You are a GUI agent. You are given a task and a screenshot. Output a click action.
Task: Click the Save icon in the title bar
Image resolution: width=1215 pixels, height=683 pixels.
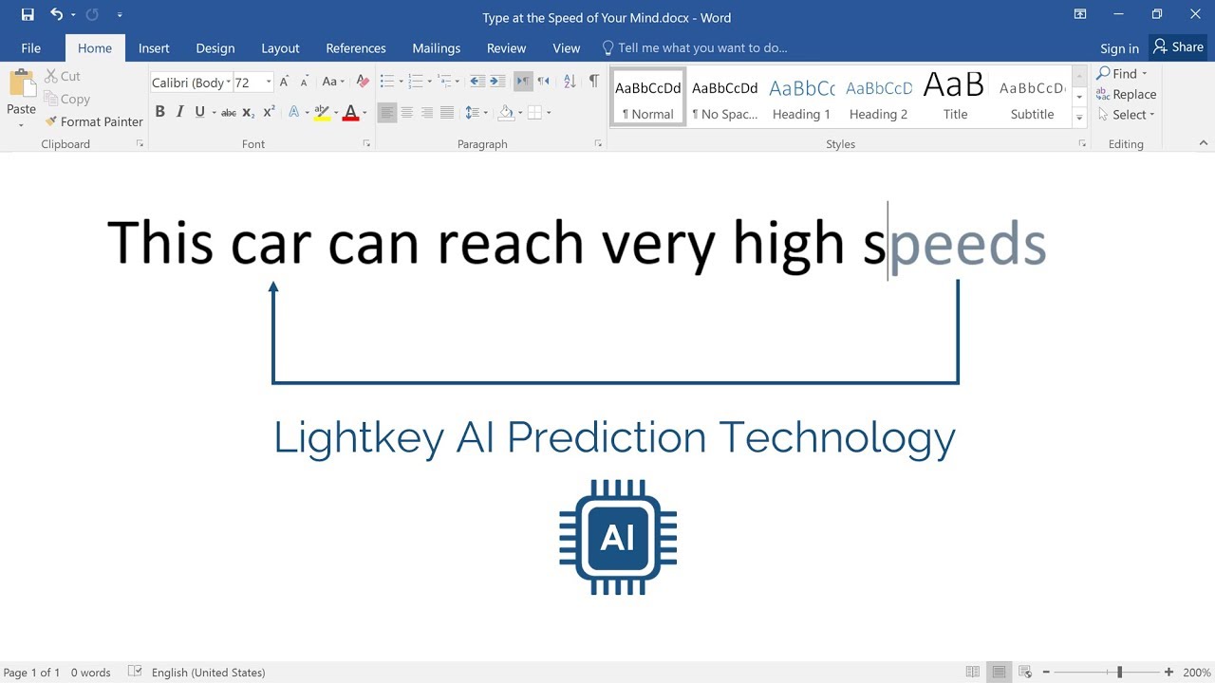(x=28, y=14)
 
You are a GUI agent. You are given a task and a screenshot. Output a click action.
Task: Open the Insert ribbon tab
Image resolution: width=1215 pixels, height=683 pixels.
(x=154, y=48)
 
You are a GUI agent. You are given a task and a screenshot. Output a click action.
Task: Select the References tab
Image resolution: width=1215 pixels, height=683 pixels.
(x=356, y=48)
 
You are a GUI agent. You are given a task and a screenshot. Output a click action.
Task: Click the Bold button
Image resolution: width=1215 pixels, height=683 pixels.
(x=159, y=112)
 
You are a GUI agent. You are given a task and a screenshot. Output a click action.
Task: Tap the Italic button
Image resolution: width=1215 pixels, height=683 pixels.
(x=179, y=112)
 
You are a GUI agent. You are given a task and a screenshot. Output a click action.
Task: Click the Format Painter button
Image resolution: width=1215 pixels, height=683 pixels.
(x=94, y=121)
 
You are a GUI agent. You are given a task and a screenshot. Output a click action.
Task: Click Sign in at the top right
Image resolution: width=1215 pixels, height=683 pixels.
(x=1119, y=48)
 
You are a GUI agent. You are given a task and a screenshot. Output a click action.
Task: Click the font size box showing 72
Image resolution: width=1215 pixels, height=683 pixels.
(x=248, y=83)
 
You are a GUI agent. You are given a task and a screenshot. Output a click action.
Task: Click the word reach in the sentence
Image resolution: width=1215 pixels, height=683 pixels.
(x=510, y=244)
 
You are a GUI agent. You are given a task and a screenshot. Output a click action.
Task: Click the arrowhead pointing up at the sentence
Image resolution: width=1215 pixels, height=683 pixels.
(x=273, y=287)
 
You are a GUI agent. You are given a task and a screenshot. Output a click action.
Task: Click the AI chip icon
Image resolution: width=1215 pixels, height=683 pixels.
(x=618, y=538)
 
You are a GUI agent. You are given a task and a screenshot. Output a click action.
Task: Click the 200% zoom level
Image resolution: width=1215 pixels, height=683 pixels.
(x=1195, y=673)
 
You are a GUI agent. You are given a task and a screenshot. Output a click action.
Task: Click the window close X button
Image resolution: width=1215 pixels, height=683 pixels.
(x=1195, y=14)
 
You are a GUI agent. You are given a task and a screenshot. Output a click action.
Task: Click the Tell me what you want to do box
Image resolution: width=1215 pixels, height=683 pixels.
(x=702, y=48)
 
